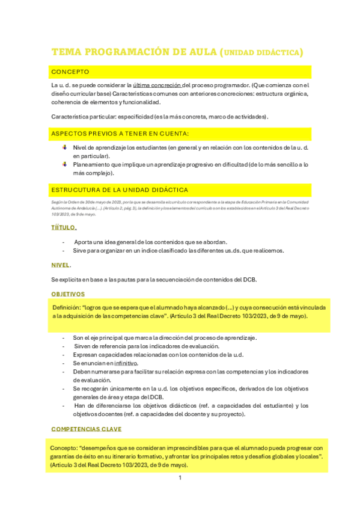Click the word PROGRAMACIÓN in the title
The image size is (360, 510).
click(x=123, y=52)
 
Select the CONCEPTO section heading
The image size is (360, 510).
click(x=70, y=72)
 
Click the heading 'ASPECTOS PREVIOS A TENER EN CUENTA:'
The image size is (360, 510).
click(x=120, y=133)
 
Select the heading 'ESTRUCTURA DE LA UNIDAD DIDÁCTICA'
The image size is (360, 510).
click(x=120, y=190)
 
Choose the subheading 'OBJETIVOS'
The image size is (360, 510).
click(x=68, y=294)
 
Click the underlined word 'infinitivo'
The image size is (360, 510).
click(x=126, y=363)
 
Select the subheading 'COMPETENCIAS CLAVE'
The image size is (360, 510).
click(x=87, y=429)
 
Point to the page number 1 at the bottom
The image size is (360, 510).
click(x=180, y=478)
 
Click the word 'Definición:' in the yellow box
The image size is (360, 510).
click(x=67, y=307)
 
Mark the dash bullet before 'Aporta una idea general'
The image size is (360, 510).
click(x=64, y=241)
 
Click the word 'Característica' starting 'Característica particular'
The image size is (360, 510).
click(x=71, y=116)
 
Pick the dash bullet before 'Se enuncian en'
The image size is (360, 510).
click(x=64, y=363)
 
